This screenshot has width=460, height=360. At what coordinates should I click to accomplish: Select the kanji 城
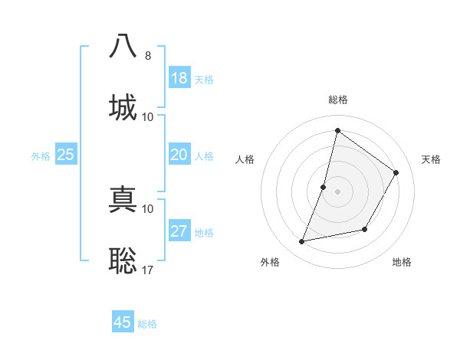click(123, 106)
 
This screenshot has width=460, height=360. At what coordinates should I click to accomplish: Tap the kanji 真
click(123, 198)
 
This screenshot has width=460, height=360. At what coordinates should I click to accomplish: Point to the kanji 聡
click(123, 260)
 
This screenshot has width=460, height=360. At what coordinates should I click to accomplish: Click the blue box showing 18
click(179, 78)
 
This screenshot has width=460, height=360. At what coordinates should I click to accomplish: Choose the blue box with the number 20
click(179, 155)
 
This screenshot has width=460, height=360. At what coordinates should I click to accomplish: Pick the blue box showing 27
click(179, 231)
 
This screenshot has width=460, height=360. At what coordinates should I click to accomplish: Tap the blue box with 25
click(66, 155)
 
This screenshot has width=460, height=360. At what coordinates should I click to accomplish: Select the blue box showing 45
click(123, 322)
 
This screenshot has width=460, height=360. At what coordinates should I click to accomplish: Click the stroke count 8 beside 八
click(148, 56)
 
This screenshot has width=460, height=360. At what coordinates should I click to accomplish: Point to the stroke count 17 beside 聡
click(148, 270)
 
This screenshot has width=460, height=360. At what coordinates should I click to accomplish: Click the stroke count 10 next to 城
click(148, 117)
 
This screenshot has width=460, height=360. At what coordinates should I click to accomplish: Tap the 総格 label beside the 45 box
click(147, 324)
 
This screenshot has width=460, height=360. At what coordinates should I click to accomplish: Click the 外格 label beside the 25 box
click(41, 156)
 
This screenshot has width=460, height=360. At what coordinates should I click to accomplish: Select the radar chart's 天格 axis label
click(431, 159)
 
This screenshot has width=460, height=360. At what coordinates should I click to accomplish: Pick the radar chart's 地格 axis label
click(402, 262)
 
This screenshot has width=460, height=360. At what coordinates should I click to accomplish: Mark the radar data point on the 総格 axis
click(337, 130)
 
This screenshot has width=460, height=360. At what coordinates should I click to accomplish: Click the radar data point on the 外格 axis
click(302, 242)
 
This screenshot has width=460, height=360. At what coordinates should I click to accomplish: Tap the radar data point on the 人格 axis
click(324, 187)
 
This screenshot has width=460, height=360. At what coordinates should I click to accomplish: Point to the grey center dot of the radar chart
click(337, 191)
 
